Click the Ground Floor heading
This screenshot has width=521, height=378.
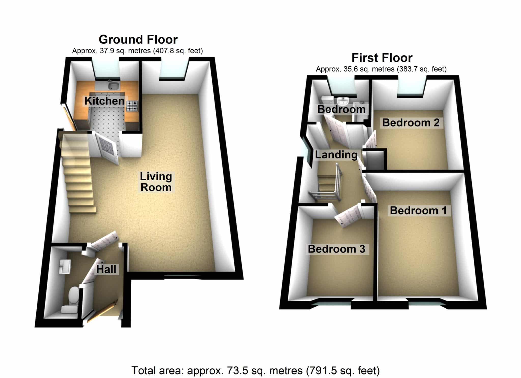point(138,40)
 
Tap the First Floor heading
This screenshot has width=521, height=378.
point(382,58)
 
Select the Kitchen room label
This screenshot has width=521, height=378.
point(105,101)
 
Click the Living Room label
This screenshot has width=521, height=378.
point(156,182)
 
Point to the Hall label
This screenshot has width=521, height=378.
point(106,269)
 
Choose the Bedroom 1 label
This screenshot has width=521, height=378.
point(418,210)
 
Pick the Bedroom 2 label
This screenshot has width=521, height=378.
point(411,123)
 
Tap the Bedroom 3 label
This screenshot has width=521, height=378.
point(337,249)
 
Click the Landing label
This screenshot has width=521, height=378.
point(336,155)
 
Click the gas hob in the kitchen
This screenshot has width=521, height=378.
point(132,106)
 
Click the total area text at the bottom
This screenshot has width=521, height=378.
point(255,371)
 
